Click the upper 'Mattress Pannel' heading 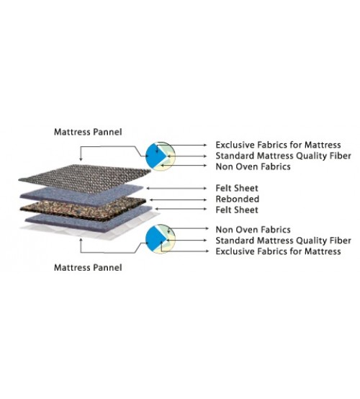[88, 132]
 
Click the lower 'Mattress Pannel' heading [88, 268]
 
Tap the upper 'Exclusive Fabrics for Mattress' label [278, 145]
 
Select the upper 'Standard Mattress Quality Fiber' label [284, 156]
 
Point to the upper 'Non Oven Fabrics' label [253, 166]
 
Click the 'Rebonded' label [238, 199]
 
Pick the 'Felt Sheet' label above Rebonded [237, 188]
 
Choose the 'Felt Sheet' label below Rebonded [237, 210]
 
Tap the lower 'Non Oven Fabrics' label [253, 230]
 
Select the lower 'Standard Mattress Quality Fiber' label [284, 241]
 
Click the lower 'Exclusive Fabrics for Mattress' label [278, 251]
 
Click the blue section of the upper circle [154, 156]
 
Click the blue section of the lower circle [154, 239]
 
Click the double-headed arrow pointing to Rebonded [179, 200]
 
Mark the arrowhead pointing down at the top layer [81, 159]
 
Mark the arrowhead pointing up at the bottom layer [81, 240]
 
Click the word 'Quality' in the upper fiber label [311, 156]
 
